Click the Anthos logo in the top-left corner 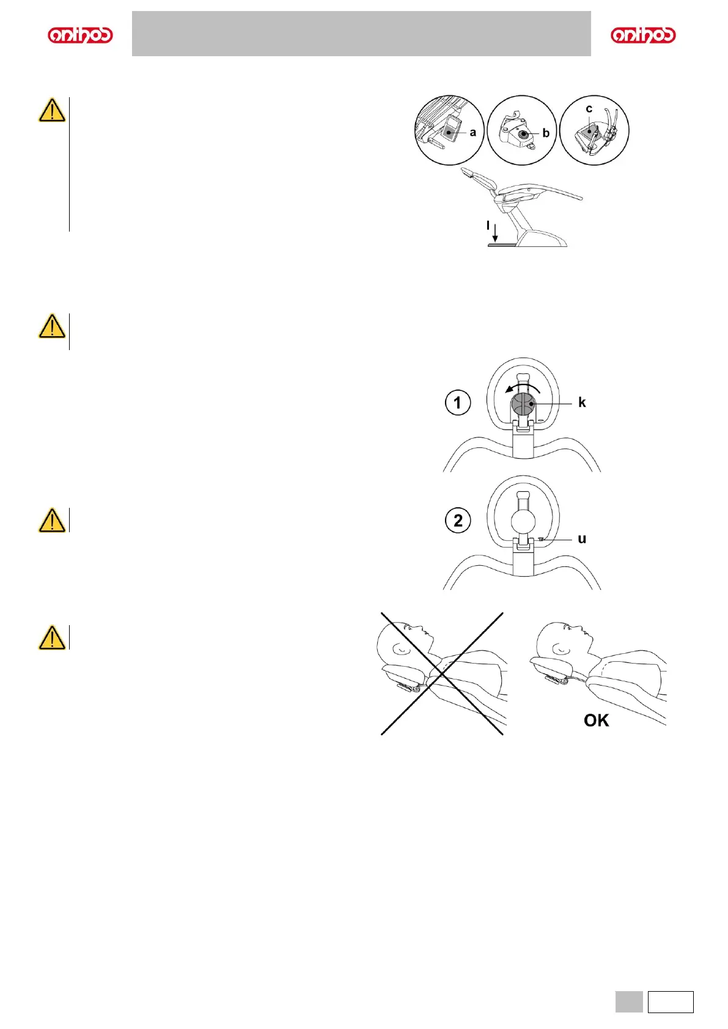point(80,35)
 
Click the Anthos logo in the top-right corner point(643,35)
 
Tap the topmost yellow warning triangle point(52,111)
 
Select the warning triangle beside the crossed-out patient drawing point(52,637)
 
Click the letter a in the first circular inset point(472,132)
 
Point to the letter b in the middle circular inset point(546,133)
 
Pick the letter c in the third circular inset point(589,109)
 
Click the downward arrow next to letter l point(495,233)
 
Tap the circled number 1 point(458,403)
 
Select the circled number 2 point(458,521)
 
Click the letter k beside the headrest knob point(582,402)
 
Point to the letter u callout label point(582,538)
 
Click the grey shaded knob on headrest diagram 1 point(523,405)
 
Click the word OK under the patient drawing point(596,720)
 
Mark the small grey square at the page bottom point(628,1002)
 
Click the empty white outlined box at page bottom point(671,1002)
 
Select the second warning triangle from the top point(52,326)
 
